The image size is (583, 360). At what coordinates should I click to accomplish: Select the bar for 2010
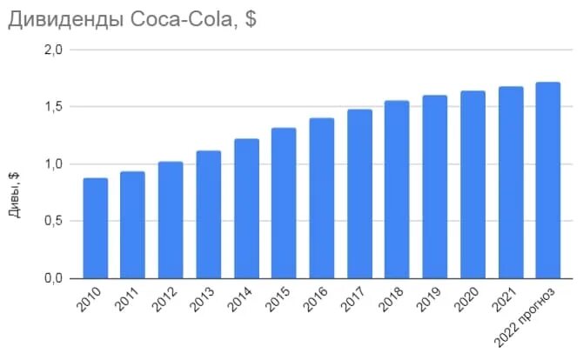click(95, 228)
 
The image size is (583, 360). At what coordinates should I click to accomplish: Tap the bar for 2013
click(208, 215)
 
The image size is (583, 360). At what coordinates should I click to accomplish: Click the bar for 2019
click(434, 187)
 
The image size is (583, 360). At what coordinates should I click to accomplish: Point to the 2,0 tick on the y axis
click(53, 50)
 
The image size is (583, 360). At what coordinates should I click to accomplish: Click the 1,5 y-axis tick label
click(53, 107)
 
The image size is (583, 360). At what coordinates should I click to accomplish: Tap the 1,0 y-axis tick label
click(53, 164)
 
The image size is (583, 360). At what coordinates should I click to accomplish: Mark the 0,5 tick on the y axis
click(53, 221)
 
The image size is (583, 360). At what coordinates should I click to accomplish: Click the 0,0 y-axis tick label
click(53, 278)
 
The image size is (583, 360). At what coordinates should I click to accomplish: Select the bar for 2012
click(171, 220)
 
